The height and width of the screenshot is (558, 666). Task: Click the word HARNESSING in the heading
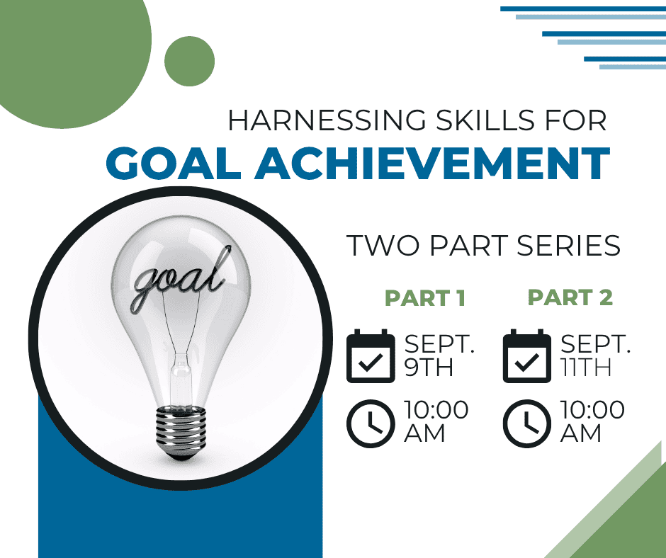click(x=327, y=120)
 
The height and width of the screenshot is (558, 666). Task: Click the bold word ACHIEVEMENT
click(x=432, y=164)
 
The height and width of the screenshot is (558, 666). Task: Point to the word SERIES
click(x=569, y=246)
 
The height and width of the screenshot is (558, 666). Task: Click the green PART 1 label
click(x=424, y=297)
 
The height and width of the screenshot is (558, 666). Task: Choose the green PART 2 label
click(x=570, y=297)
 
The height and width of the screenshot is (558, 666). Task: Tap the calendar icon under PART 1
click(x=371, y=356)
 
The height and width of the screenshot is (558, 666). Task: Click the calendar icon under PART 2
click(x=527, y=356)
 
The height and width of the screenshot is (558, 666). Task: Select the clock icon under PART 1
click(x=371, y=423)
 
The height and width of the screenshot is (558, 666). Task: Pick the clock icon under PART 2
click(x=527, y=423)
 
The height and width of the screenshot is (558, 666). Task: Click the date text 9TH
click(x=429, y=367)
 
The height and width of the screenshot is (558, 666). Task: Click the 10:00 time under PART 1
click(x=436, y=410)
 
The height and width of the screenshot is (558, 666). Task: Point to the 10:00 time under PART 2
click(x=592, y=410)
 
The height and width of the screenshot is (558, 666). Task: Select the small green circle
click(x=189, y=62)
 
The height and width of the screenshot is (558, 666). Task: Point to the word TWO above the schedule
click(x=383, y=246)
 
